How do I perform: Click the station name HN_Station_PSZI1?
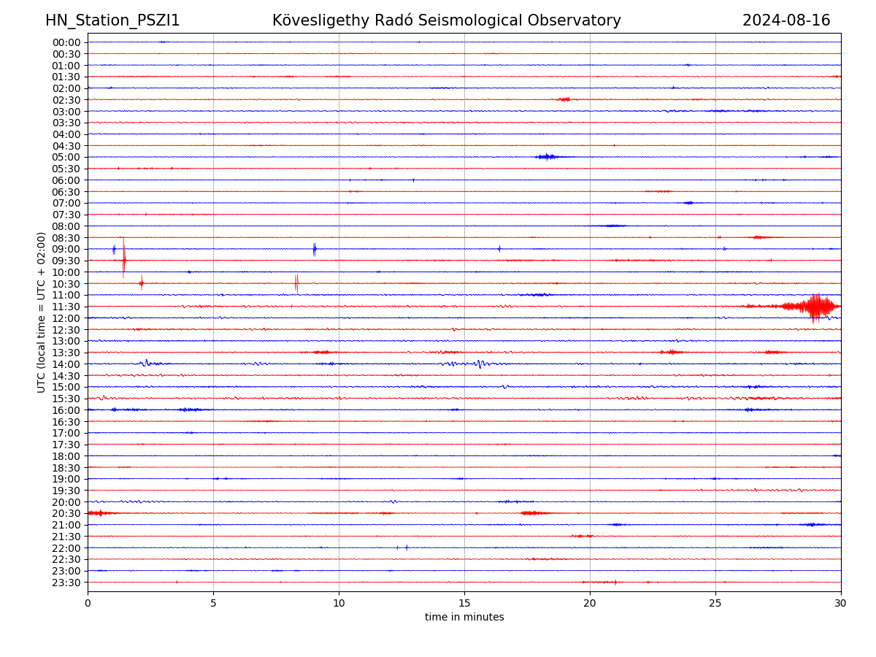pyautogui.click(x=112, y=20)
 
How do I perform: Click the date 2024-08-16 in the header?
pyautogui.click(x=786, y=20)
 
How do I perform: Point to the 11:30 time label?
pyautogui.click(x=66, y=307)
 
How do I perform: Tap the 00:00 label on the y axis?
pyautogui.click(x=66, y=42)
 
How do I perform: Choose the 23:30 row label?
pyautogui.click(x=66, y=583)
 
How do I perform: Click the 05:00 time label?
pyautogui.click(x=66, y=157)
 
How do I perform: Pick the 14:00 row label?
pyautogui.click(x=66, y=364)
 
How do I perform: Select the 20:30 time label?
pyautogui.click(x=66, y=513)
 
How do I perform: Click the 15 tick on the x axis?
pyautogui.click(x=464, y=603)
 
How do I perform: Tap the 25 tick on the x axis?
pyautogui.click(x=715, y=603)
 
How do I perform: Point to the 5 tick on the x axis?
pyautogui.click(x=213, y=603)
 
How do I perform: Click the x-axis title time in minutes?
pyautogui.click(x=464, y=618)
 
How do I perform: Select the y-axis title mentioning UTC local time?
pyautogui.click(x=42, y=312)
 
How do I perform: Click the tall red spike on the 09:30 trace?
pyautogui.click(x=124, y=259)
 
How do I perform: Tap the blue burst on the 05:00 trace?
pyautogui.click(x=546, y=157)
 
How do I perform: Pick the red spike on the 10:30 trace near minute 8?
pyautogui.click(x=296, y=283)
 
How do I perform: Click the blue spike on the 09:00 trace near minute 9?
pyautogui.click(x=315, y=249)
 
